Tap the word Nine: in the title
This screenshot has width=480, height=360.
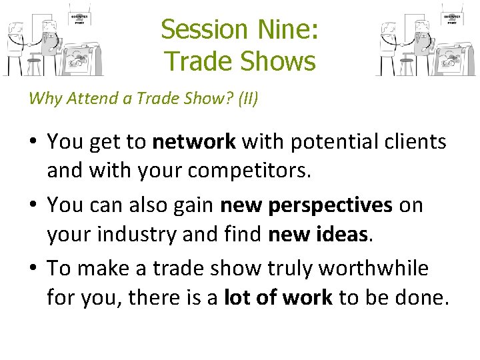pos(286,29)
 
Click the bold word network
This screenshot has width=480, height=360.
pos(194,141)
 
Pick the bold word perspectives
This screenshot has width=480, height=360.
pos(330,205)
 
